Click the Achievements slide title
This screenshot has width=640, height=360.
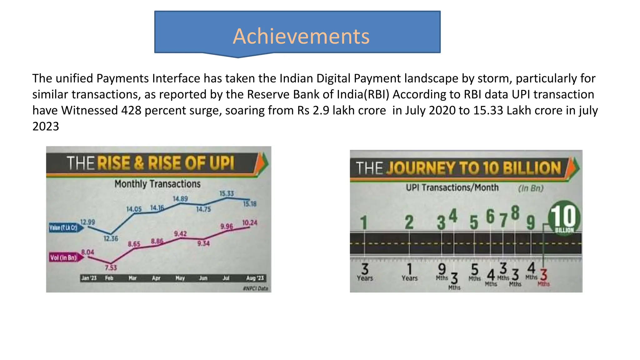tap(301, 36)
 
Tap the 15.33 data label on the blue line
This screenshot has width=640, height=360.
tap(227, 193)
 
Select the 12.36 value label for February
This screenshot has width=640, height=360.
tap(111, 238)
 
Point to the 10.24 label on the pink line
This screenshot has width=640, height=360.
tap(250, 223)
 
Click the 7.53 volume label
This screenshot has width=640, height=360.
tap(111, 267)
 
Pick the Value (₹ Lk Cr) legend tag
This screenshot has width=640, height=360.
tap(64, 227)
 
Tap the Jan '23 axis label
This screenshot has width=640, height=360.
tap(89, 278)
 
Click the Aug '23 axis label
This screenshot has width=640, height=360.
tap(255, 278)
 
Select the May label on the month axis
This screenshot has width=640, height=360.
tap(180, 278)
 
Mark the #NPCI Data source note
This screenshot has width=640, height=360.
tap(255, 288)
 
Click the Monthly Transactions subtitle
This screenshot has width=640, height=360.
tap(157, 184)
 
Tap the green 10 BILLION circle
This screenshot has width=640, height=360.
tap(564, 218)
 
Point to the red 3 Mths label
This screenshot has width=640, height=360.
tap(544, 277)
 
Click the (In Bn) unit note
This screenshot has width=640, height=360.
tap(531, 188)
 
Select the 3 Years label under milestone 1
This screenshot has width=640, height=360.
tap(365, 272)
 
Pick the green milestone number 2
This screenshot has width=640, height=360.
tap(409, 222)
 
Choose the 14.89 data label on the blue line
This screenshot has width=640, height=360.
tap(180, 199)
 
